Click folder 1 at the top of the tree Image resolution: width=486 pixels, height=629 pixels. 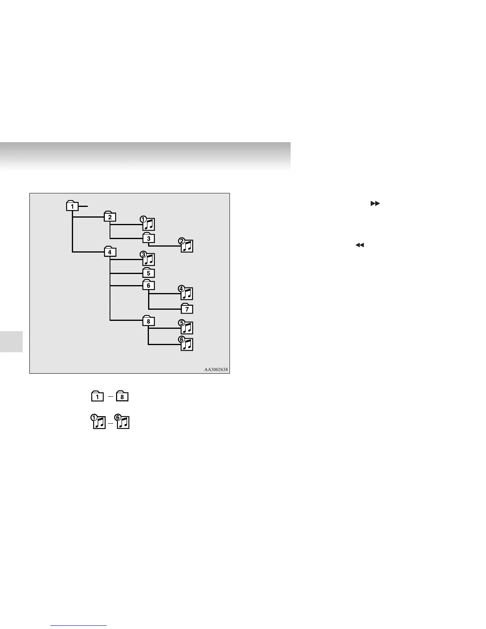pos(72,206)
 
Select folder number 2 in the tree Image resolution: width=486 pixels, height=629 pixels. pos(110,217)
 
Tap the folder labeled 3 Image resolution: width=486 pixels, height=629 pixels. pos(148,238)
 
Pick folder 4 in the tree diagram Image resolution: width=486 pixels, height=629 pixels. pos(110,252)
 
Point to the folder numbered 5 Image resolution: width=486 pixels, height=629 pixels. pos(148,273)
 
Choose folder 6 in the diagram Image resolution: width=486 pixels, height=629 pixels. pos(148,285)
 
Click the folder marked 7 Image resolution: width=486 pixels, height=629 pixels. pos(187,309)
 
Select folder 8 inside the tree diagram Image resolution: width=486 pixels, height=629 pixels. pos(148,321)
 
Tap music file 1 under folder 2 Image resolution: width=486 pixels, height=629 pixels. pos(148,224)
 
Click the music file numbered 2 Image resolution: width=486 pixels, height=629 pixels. pos(187,246)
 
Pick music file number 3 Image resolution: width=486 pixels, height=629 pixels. pos(148,259)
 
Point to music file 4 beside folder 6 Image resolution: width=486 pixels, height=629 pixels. pos(187,293)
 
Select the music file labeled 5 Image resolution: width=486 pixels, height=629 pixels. pos(187,328)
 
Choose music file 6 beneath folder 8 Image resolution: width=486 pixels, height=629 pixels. pos(187,344)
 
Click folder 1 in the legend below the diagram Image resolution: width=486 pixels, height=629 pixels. pos(97,396)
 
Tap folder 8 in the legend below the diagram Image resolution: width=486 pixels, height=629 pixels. pos(122,396)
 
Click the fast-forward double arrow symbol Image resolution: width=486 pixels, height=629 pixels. pos(375,203)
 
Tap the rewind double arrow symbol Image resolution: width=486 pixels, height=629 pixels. pos(359,245)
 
